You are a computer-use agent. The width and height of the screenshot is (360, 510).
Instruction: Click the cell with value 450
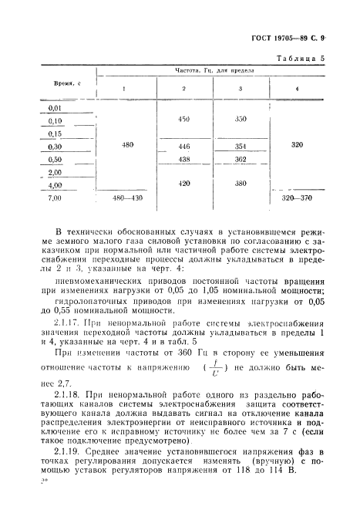point(183,120)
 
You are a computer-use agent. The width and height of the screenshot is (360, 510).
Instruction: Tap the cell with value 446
point(183,146)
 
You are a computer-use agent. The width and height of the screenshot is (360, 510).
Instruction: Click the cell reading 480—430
point(128,198)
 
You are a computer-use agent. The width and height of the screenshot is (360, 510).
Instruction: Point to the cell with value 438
point(183,159)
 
